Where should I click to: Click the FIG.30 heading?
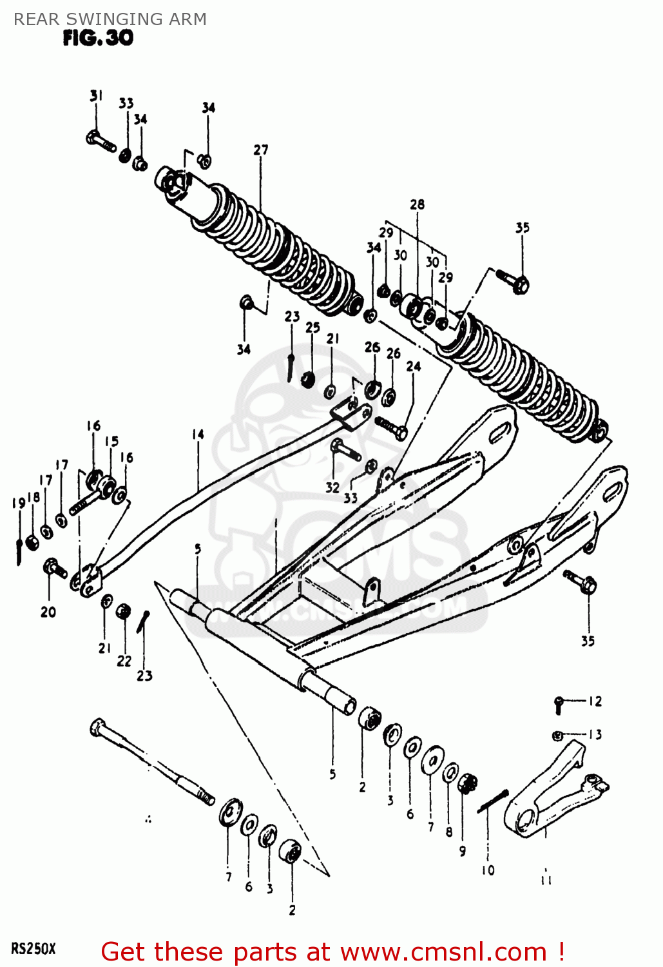pos(98,39)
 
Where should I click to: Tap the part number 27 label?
pos(260,150)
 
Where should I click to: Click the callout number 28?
pos(417,204)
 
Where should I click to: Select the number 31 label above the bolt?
pos(96,96)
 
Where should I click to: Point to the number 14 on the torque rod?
pos(197,435)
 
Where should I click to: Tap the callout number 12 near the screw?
pos(595,701)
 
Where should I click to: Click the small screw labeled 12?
pos(559,704)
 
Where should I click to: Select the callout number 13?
pos(595,734)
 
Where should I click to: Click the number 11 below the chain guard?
pos(546,879)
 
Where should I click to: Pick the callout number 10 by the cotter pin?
pos(488,870)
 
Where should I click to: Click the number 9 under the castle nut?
pos(462,851)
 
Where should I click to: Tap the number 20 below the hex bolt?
pos(48,612)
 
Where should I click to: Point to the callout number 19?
pos(18,503)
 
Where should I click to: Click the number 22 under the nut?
pos(124,661)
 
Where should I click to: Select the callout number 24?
pos(413,366)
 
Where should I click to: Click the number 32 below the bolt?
pos(332,488)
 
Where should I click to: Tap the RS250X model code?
pos(34,949)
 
